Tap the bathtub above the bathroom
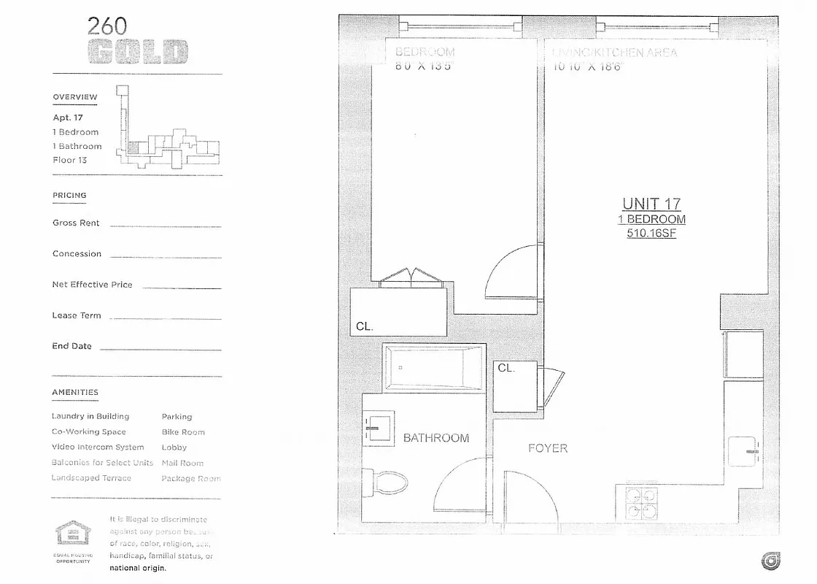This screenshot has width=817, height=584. coord(433,368)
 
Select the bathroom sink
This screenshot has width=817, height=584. coord(379,428)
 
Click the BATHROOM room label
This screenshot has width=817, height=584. coord(436,438)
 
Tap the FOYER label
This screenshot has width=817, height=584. coord(548,448)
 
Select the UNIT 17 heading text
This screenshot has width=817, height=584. coord(651,204)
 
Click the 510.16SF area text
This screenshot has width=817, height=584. coord(651,234)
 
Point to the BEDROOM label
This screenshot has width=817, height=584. coord(425,53)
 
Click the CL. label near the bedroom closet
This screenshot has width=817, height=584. coord(365,326)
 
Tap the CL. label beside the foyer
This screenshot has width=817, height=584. coord(506,368)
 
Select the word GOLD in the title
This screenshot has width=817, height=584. coord(138,53)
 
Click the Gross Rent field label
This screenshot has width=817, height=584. coord(76,223)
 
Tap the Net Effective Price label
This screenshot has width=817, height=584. coord(92,285)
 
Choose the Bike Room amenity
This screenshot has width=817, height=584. coord(183,432)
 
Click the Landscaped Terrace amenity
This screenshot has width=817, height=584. coord(91,478)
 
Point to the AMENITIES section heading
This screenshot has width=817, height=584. coord(74,393)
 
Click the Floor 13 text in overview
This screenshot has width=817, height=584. coord(69,160)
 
